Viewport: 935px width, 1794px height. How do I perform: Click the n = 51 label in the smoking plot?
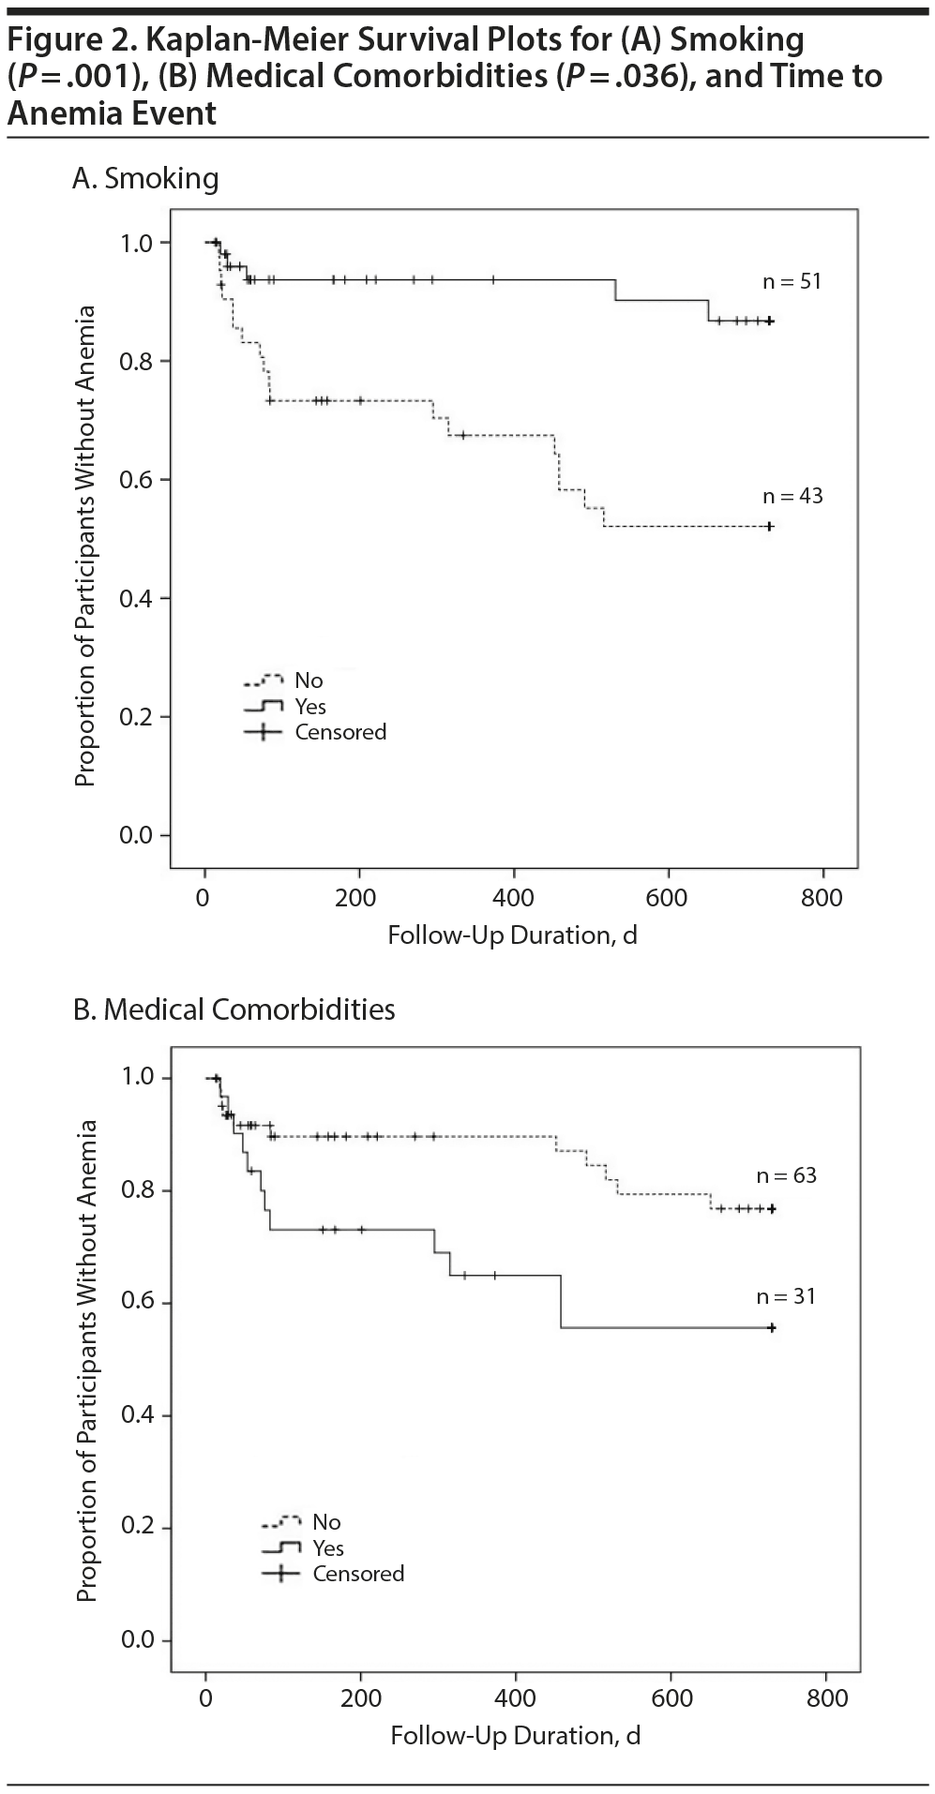(x=792, y=281)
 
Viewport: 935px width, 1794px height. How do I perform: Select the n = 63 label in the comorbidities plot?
(x=787, y=1175)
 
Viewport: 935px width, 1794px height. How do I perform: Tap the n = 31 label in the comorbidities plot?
(x=786, y=1296)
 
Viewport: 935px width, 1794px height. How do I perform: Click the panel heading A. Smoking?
(x=145, y=178)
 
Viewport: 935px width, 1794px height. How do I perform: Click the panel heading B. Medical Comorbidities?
(x=234, y=1009)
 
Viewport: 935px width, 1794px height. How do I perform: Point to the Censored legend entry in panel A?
(x=339, y=732)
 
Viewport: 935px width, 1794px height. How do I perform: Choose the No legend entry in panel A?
(x=309, y=680)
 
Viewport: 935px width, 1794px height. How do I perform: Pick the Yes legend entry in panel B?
(x=328, y=1548)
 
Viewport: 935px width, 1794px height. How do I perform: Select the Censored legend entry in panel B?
(x=358, y=1574)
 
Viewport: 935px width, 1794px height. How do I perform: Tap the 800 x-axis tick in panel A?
(x=822, y=897)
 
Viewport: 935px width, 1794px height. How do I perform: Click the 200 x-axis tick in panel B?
(x=361, y=1697)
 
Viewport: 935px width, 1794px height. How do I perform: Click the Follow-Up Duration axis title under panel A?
(x=512, y=935)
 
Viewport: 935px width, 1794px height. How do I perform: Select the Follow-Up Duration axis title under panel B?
(x=515, y=1736)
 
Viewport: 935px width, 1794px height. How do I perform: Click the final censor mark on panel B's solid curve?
(x=772, y=1327)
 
